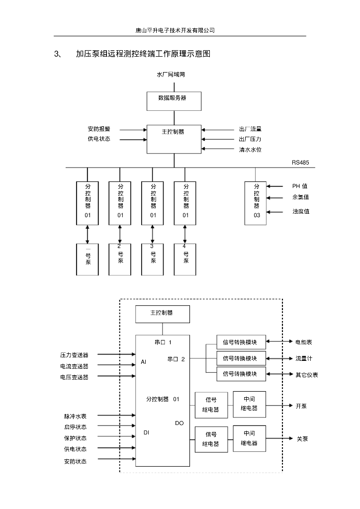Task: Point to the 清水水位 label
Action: coord(250,150)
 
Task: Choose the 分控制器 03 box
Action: coord(256,203)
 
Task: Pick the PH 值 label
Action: coord(300,186)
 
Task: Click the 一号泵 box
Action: coord(88,259)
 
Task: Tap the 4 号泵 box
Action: coord(185,259)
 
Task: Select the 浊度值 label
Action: coord(301,212)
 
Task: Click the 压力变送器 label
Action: coord(75,355)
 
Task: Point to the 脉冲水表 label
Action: coord(75,416)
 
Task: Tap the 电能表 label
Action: coord(304,342)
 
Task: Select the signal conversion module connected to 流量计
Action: coord(241,358)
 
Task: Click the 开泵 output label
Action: coord(301,406)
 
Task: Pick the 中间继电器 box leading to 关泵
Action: coord(249,438)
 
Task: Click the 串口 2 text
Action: coord(176,359)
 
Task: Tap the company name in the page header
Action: coord(175,30)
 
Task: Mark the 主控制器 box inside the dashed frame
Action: coord(162,313)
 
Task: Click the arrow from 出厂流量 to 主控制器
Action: coord(219,130)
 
